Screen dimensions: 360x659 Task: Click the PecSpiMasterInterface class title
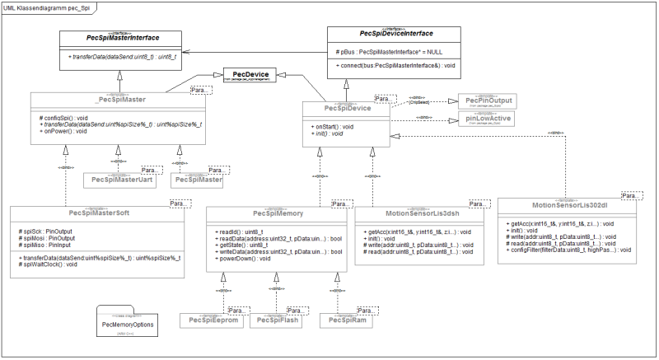pyautogui.click(x=123, y=38)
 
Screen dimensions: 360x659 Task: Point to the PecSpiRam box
pyautogui.click(x=343, y=320)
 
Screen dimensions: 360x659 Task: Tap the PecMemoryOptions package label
pyautogui.click(x=129, y=325)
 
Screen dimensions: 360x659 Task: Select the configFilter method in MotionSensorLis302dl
pyautogui.click(x=564, y=249)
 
